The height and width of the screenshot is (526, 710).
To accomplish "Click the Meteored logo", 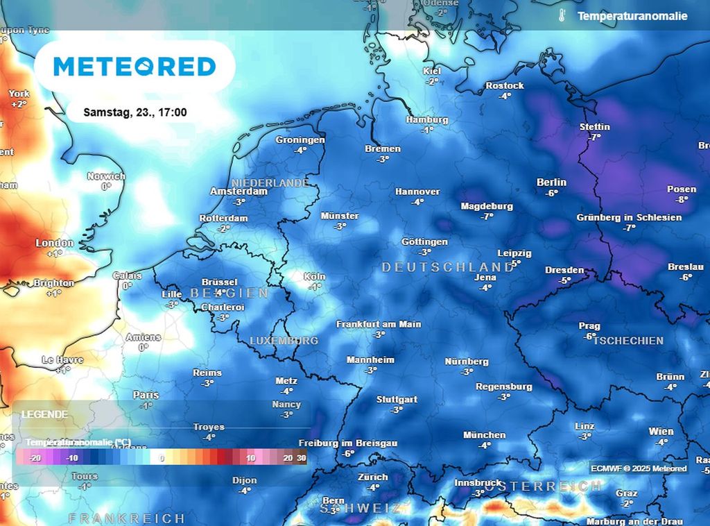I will (x=135, y=67).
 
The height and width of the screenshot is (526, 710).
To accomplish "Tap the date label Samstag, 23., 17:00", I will (x=135, y=112).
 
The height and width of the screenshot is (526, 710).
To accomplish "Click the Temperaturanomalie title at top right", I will (x=632, y=15).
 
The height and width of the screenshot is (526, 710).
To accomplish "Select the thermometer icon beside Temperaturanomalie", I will (x=560, y=15).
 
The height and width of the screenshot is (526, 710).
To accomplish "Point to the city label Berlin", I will (x=551, y=183).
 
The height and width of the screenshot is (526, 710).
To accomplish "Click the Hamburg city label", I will (x=426, y=119).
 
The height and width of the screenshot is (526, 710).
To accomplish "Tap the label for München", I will (x=485, y=435).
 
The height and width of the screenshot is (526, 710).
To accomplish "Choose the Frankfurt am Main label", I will (x=379, y=324).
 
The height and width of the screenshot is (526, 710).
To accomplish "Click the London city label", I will (x=55, y=243).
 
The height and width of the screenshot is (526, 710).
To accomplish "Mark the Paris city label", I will (x=146, y=395).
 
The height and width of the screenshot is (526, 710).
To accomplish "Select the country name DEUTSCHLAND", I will (x=448, y=267).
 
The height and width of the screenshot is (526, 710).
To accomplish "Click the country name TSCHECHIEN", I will (x=628, y=341).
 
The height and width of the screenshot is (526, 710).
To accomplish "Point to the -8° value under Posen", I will (x=682, y=200).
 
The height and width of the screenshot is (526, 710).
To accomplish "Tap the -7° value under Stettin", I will (x=594, y=137).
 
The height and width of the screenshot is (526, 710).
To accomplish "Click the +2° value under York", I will (x=19, y=104).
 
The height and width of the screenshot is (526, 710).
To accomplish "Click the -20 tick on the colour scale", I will (x=36, y=458).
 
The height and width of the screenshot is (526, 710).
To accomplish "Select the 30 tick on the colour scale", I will (x=301, y=458).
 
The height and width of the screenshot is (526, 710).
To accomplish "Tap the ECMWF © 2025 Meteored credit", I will (x=639, y=468).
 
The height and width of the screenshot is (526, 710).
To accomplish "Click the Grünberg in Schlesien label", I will (x=629, y=217).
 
